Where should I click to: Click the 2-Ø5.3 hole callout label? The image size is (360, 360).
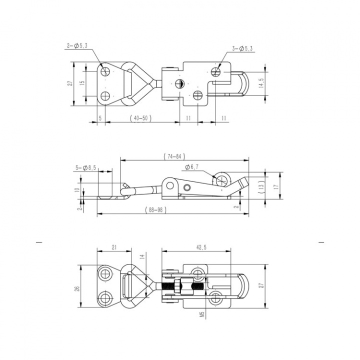77,45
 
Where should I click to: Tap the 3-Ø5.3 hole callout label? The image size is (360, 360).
242,48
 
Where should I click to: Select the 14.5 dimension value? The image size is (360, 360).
262,83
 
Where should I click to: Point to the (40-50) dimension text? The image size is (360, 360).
140,118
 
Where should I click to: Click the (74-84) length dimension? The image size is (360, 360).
174,156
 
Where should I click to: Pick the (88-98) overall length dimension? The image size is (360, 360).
155,209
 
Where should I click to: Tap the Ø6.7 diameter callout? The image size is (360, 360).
191,167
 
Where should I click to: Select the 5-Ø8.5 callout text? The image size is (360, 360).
86,168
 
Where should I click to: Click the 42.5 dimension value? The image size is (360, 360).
201,247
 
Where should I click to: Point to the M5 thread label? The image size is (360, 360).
202,314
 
